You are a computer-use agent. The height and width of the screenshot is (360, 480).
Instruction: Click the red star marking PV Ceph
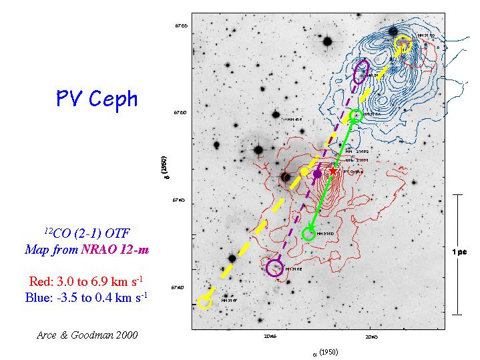coord(333,170)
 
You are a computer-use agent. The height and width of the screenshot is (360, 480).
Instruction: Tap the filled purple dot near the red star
coord(317,174)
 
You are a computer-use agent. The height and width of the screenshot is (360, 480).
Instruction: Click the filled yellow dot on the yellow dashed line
coord(304,172)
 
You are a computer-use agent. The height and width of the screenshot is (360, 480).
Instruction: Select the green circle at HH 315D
coord(308,234)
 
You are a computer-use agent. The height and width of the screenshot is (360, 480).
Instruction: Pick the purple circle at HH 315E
coord(274,268)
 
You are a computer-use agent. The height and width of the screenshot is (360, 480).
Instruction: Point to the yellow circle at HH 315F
coord(205,303)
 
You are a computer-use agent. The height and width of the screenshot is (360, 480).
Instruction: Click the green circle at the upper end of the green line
coord(356,116)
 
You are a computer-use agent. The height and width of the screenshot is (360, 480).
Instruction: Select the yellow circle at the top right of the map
coord(403,44)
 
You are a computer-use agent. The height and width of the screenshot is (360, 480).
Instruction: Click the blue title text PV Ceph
coord(97,100)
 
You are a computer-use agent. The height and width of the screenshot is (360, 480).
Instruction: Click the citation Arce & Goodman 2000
coord(87,335)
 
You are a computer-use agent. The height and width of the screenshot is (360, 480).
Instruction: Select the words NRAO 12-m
coord(111,250)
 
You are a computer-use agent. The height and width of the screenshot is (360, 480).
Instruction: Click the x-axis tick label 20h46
coord(271,337)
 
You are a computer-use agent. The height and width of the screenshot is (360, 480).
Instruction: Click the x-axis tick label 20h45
coord(371,337)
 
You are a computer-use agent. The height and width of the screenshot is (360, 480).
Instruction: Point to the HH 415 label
coord(295,120)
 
